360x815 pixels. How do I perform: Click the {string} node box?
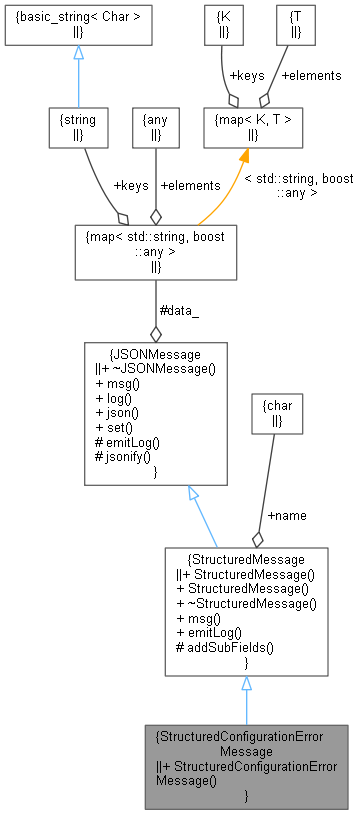point(78,127)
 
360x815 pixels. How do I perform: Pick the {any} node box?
point(155,127)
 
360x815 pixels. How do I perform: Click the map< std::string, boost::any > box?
point(155,250)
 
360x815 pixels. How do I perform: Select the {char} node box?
point(278,414)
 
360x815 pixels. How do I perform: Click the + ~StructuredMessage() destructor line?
point(245,603)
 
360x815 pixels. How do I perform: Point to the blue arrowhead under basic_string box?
point(77,52)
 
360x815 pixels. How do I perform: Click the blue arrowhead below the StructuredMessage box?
point(246,684)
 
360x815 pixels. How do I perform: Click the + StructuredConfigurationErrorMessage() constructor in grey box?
point(246,774)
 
